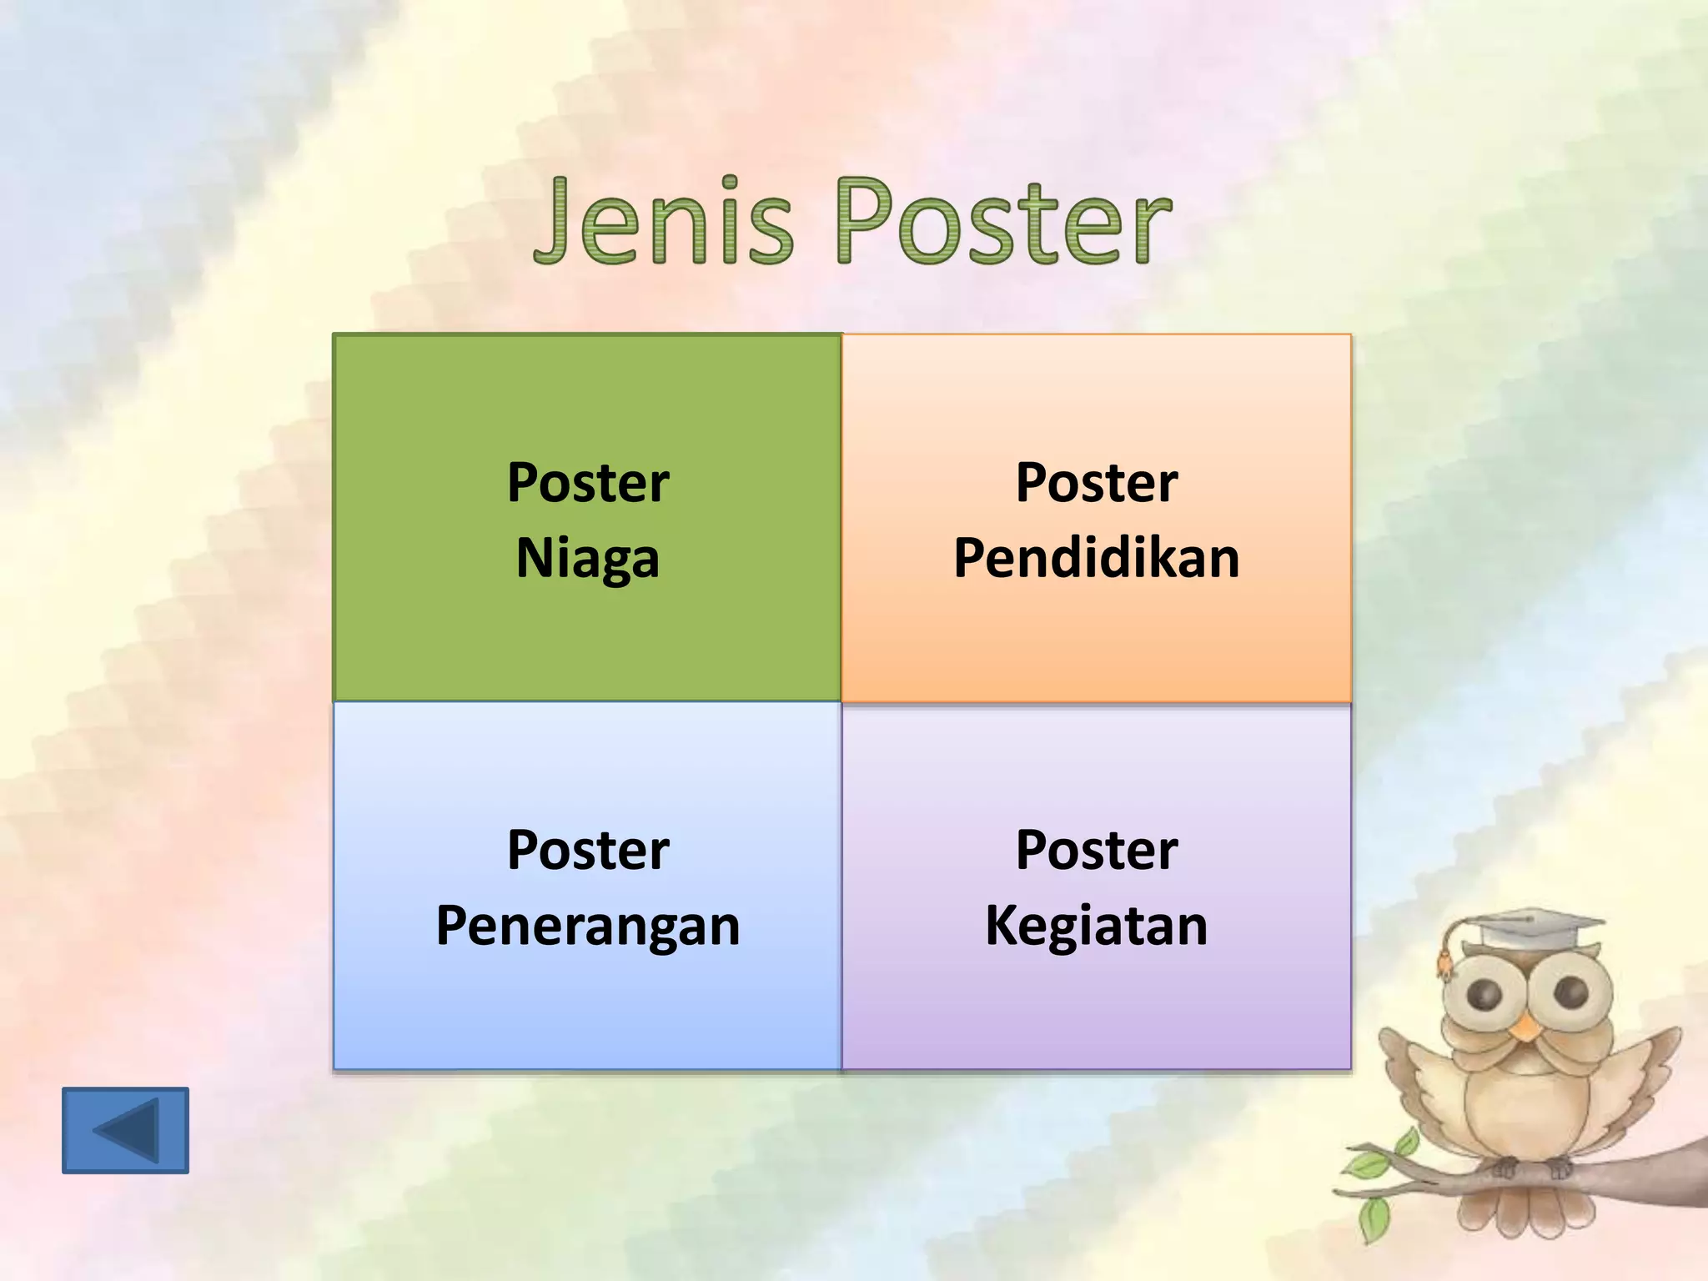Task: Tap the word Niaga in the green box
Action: coord(588,559)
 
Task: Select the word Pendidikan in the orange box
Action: coord(1096,558)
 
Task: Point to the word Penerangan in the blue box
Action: coord(588,927)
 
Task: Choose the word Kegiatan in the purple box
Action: coord(1096,926)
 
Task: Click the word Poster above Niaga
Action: coord(588,483)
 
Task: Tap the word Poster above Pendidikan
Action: coord(1096,483)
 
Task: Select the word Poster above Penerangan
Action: coord(588,851)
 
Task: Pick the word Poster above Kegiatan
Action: coord(1096,851)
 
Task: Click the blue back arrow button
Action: coord(125,1130)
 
